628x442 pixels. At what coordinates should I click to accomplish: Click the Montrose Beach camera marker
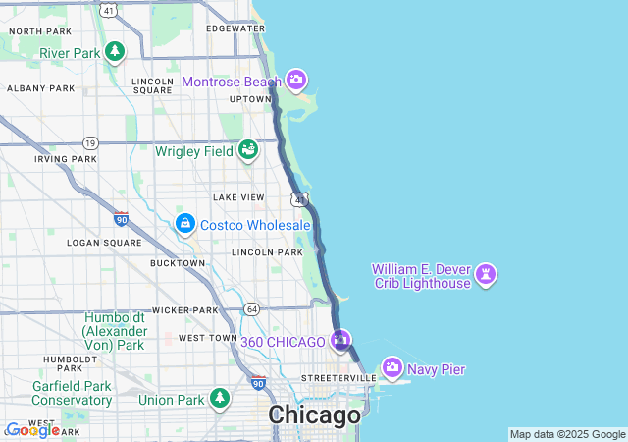tap(296, 81)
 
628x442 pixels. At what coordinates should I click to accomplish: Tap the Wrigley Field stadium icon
tap(248, 150)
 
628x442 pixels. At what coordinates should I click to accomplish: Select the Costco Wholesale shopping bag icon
tap(184, 225)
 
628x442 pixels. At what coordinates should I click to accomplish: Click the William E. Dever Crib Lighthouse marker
tap(486, 275)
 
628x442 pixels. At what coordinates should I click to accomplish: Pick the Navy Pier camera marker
tap(392, 368)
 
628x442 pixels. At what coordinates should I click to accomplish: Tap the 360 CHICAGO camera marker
tap(340, 341)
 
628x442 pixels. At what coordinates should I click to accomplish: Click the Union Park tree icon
tap(221, 399)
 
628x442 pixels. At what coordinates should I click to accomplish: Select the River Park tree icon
tap(115, 51)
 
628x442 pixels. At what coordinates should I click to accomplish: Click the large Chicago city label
tap(315, 415)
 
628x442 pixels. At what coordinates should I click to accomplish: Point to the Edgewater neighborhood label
tap(236, 28)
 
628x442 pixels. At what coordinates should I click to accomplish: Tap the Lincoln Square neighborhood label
tap(152, 85)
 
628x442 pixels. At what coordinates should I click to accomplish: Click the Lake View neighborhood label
tap(238, 197)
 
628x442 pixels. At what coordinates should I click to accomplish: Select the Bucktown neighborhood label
tap(178, 263)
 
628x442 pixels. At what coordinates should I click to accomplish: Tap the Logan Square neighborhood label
tap(98, 242)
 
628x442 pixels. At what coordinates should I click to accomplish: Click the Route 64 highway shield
tap(253, 309)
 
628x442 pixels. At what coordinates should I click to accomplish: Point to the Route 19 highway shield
tap(90, 142)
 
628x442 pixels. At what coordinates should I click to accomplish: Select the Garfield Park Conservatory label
tap(72, 393)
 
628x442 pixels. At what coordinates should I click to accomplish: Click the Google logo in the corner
tap(32, 430)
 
